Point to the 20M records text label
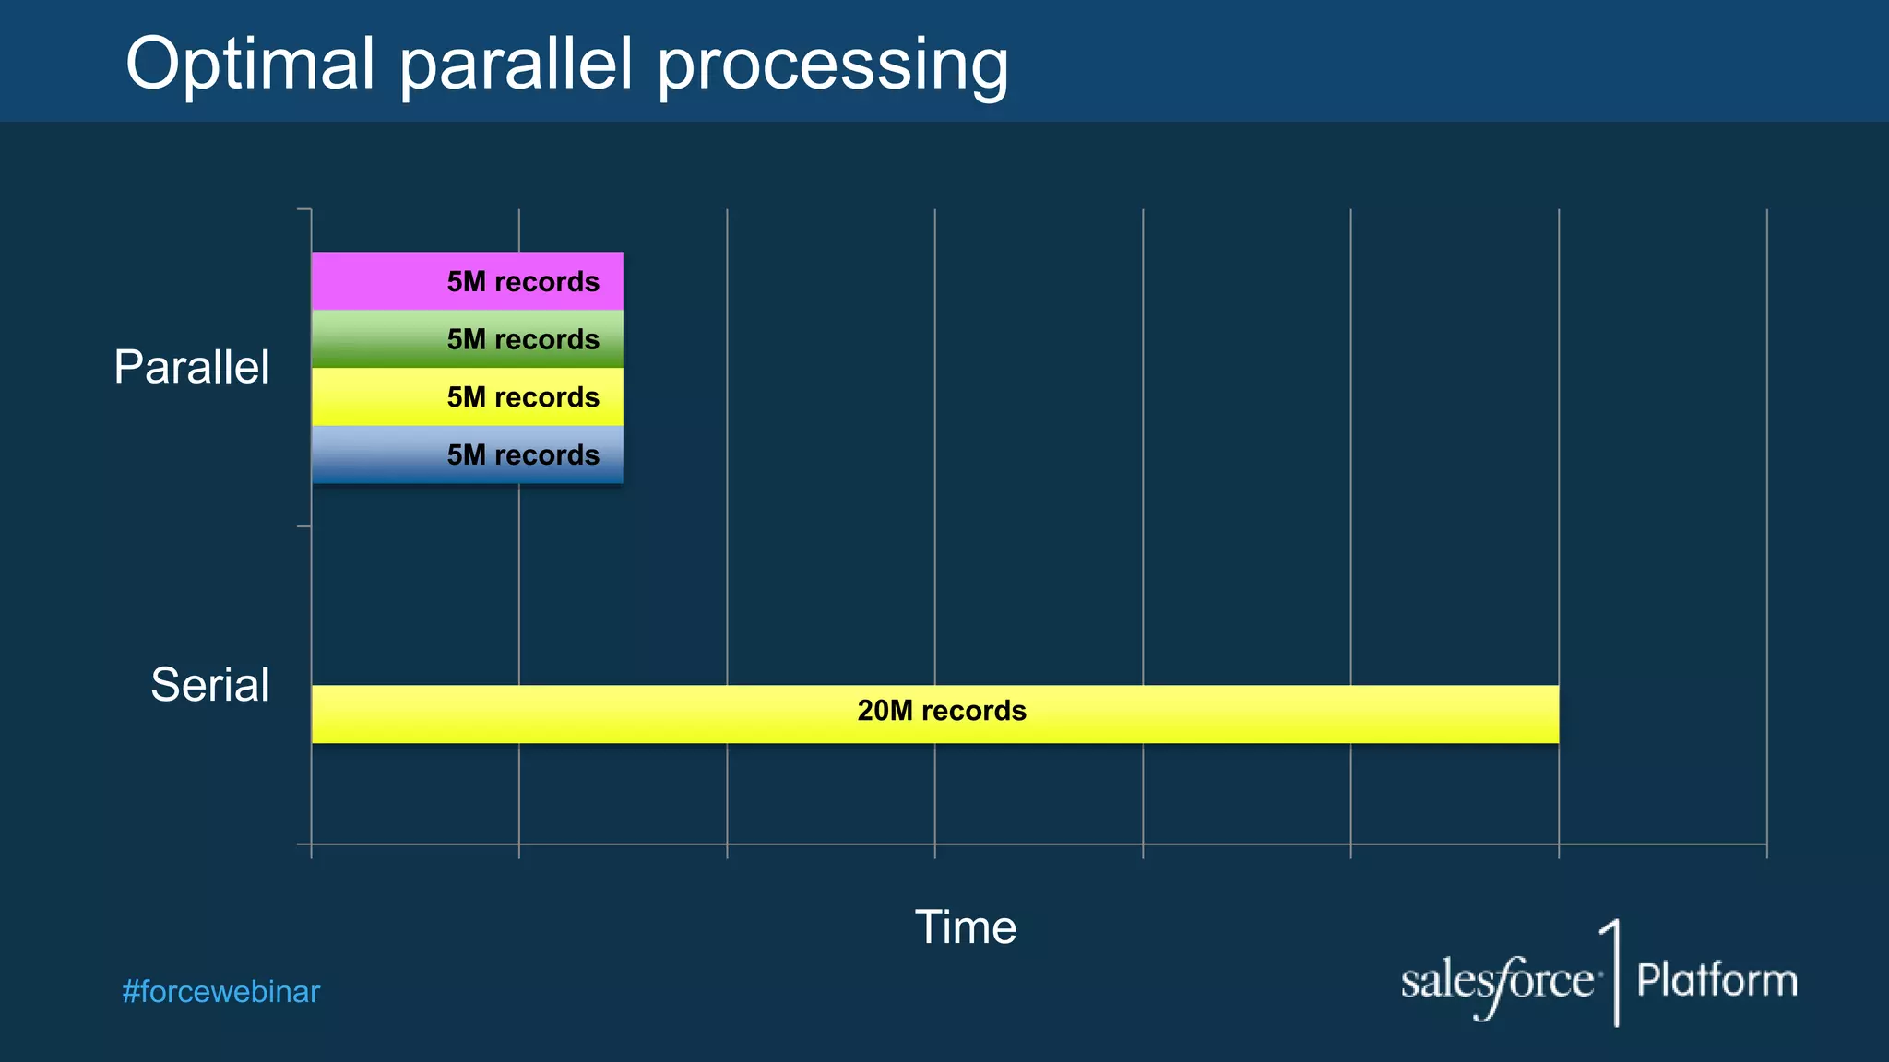941,711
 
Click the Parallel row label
192,367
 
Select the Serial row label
210,685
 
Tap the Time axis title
965,927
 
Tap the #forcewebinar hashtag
220,992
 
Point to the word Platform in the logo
1717,980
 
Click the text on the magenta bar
523,281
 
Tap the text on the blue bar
523,454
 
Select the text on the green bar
523,339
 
